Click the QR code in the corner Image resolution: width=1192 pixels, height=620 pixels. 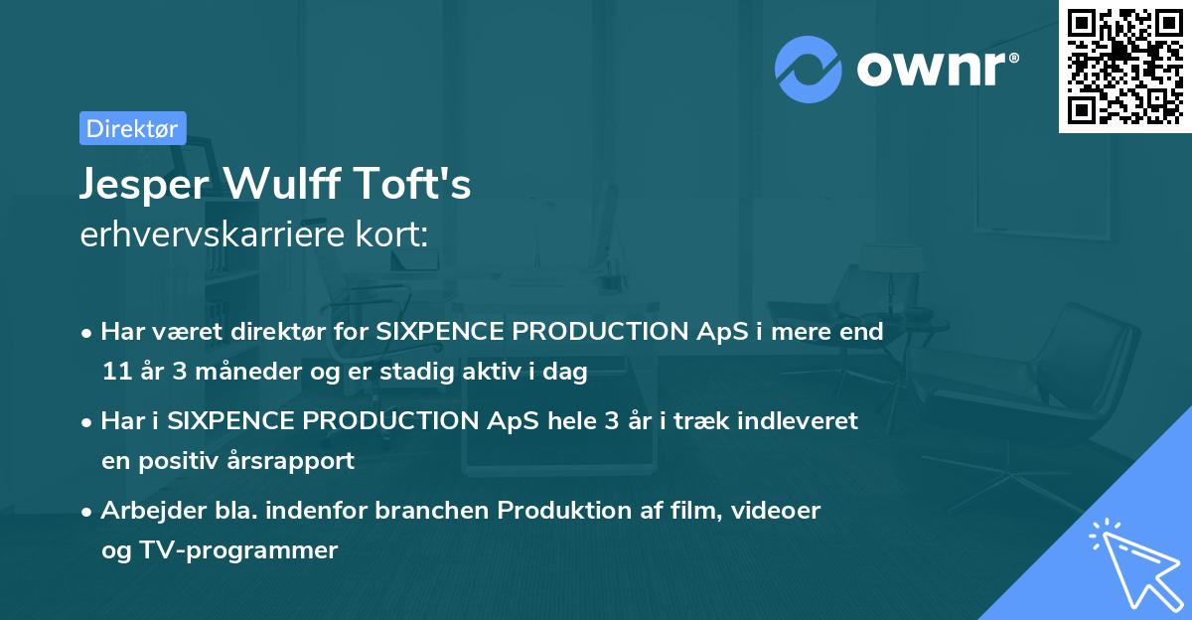tap(1124, 67)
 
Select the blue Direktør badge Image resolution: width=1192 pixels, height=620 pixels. tap(132, 128)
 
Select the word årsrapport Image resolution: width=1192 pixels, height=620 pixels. tap(296, 462)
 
